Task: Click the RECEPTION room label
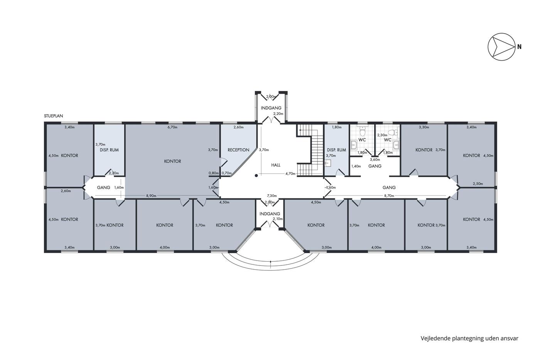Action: pos(238,150)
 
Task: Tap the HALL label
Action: pos(276,165)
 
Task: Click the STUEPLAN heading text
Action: pos(54,116)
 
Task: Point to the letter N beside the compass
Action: pos(519,47)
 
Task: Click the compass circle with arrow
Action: pos(501,47)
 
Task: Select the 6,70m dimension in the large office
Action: pos(172,127)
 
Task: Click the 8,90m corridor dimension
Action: pos(151,196)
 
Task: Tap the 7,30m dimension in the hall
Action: pos(272,196)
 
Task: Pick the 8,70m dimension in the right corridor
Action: pos(389,196)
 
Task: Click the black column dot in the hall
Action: pos(256,176)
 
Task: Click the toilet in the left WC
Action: pos(362,131)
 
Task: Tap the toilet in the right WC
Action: pos(393,132)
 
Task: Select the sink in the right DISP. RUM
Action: pos(328,163)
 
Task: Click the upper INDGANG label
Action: pos(271,108)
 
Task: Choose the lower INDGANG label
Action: pos(270,214)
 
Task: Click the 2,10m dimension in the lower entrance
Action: pos(278,219)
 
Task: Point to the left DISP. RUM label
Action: pos(109,150)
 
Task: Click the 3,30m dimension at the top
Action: pos(424,127)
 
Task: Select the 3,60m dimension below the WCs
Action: pos(375,159)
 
